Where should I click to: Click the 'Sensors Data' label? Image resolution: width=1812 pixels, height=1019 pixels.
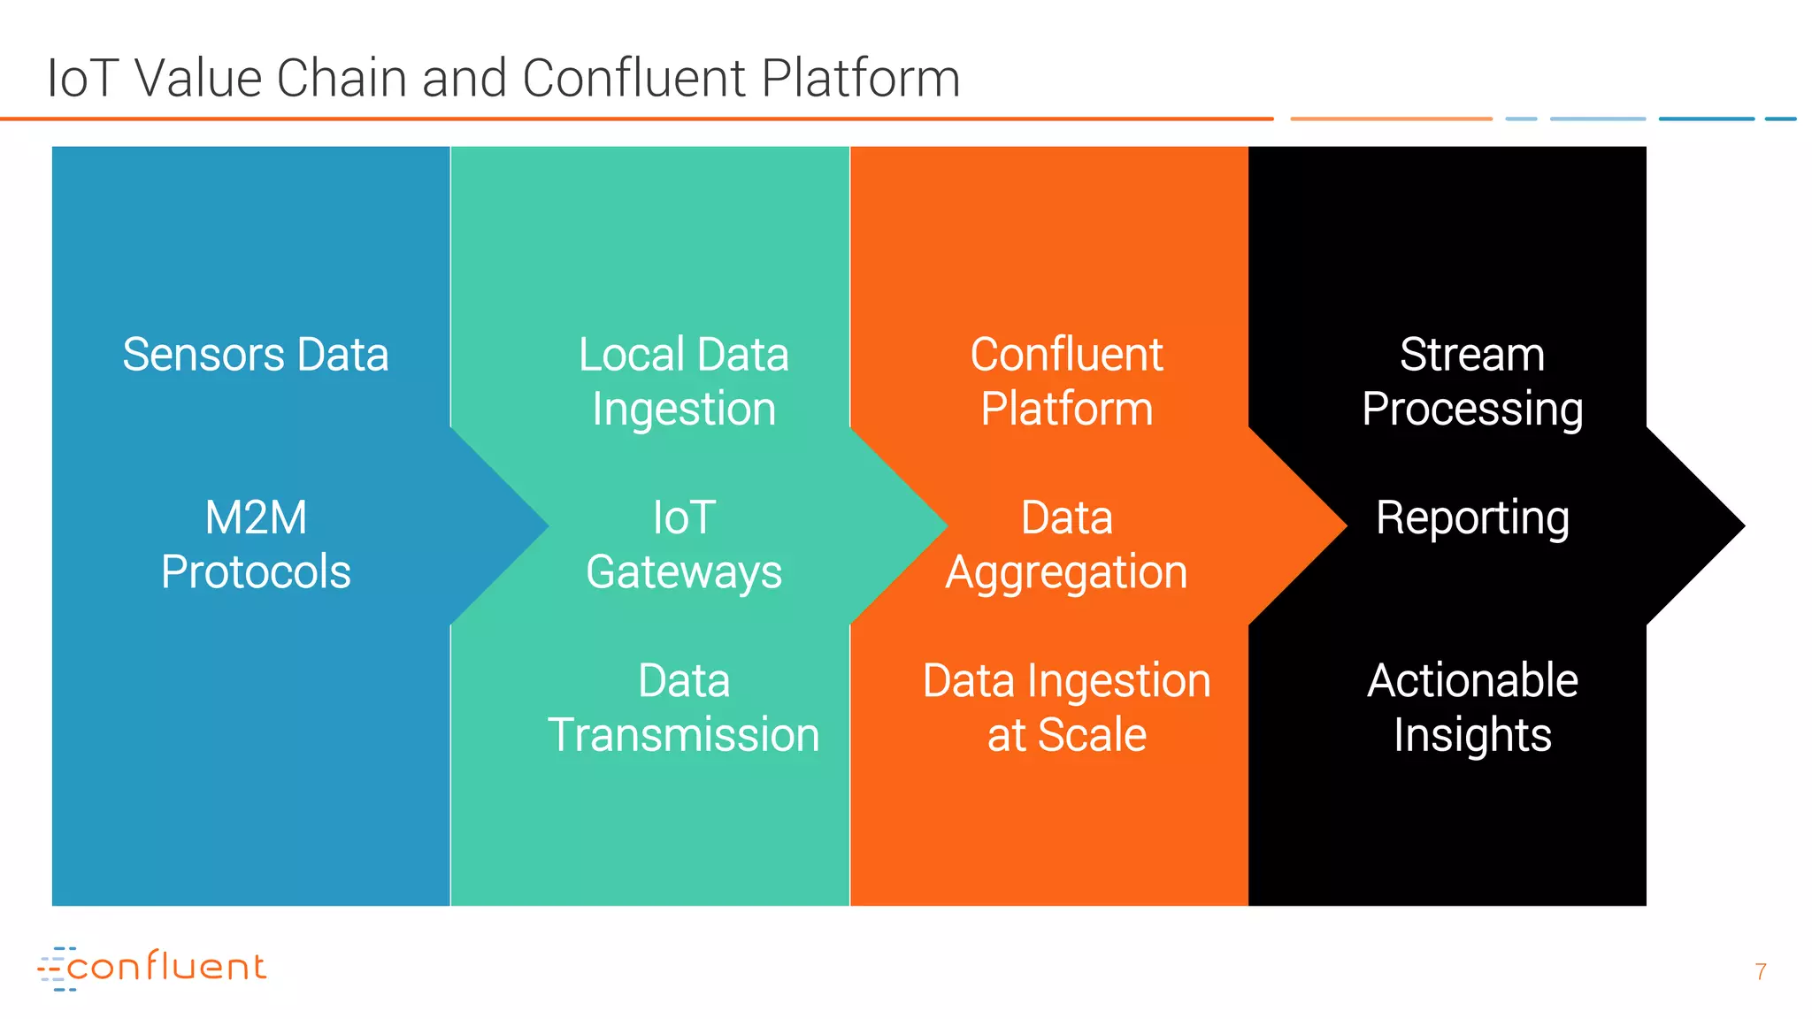pos(255,356)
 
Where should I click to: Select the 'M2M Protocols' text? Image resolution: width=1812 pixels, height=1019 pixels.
pos(256,545)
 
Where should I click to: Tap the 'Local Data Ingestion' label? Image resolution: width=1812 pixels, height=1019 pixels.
pos(683,382)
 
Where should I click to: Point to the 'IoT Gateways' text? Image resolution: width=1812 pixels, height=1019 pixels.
pos(683,545)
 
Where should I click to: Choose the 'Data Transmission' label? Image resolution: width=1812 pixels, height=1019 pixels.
pos(683,709)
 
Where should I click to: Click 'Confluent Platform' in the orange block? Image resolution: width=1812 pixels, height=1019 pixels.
pos(1066,382)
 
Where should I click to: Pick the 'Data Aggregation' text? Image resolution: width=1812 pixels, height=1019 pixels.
pos(1066,545)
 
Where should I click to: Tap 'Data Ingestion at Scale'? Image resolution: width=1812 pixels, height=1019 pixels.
pos(1066,709)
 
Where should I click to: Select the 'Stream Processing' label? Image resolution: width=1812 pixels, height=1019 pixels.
pos(1472,382)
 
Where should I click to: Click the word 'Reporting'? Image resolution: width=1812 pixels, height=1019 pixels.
pos(1472,518)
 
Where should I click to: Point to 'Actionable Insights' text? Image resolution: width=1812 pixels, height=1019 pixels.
pos(1472,709)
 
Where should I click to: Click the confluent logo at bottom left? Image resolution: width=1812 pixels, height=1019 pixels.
pos(152,968)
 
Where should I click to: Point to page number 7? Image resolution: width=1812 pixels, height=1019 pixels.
pos(1760,972)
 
